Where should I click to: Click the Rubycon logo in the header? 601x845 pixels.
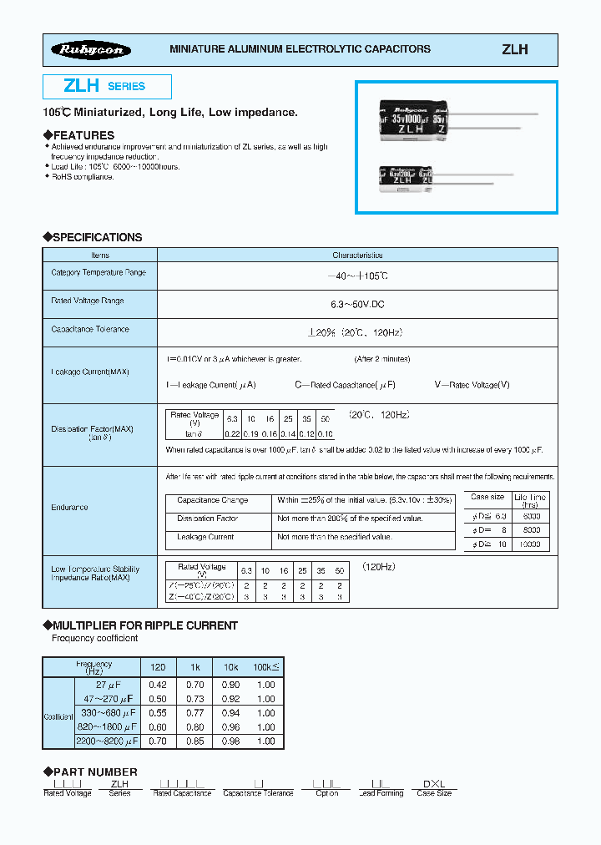(x=93, y=50)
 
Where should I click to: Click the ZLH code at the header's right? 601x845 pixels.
(x=514, y=50)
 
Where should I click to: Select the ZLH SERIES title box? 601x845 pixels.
(x=107, y=86)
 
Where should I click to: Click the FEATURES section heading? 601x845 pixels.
(x=83, y=135)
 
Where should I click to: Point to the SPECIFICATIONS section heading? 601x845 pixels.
(x=97, y=237)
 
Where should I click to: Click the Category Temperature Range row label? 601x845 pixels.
(x=98, y=273)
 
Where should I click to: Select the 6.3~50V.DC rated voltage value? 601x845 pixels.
(x=356, y=301)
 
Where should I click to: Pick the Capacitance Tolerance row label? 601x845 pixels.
(x=90, y=330)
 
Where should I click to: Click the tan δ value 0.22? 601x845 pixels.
(x=233, y=434)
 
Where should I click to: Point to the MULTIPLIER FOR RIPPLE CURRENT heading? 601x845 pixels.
(x=144, y=625)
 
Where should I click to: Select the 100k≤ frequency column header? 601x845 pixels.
(x=265, y=668)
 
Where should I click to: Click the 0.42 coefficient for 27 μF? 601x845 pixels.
(x=157, y=686)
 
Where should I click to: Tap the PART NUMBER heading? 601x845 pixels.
(x=94, y=772)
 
